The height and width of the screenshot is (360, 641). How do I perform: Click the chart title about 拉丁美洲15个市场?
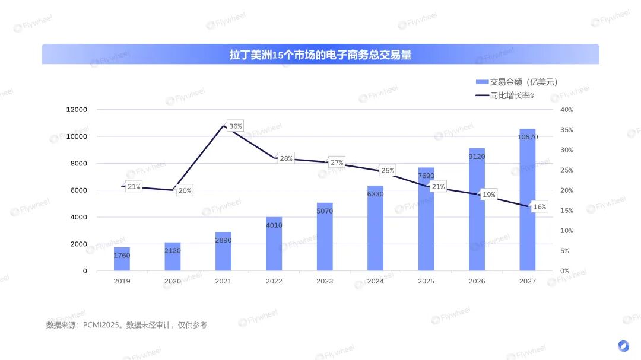[x=320, y=55]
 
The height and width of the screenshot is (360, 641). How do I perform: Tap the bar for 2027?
[x=527, y=202]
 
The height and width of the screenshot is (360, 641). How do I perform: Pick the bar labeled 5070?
[x=325, y=237]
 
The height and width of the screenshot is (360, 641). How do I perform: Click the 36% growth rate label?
[x=235, y=126]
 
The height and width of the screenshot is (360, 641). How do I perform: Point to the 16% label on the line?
[x=540, y=207]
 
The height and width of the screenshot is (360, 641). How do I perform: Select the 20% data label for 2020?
[x=185, y=191]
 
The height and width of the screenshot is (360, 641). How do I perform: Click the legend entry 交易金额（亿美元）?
[x=516, y=82]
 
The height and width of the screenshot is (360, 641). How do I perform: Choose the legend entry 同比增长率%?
[x=504, y=95]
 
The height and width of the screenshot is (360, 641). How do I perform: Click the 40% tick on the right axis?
[x=566, y=110]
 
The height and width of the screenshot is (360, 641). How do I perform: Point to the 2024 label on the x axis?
[x=375, y=281]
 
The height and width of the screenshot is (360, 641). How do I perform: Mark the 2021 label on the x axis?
[x=223, y=281]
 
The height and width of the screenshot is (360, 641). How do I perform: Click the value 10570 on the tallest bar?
[x=527, y=137]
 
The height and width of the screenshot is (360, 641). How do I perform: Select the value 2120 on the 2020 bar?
[x=172, y=251]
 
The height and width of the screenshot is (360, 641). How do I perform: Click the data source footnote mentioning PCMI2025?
[x=126, y=325]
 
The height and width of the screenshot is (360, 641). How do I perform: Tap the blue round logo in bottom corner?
[x=623, y=345]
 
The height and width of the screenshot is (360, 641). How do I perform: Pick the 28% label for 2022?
[x=286, y=159]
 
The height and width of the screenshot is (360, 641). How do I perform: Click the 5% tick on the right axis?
[x=564, y=251]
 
